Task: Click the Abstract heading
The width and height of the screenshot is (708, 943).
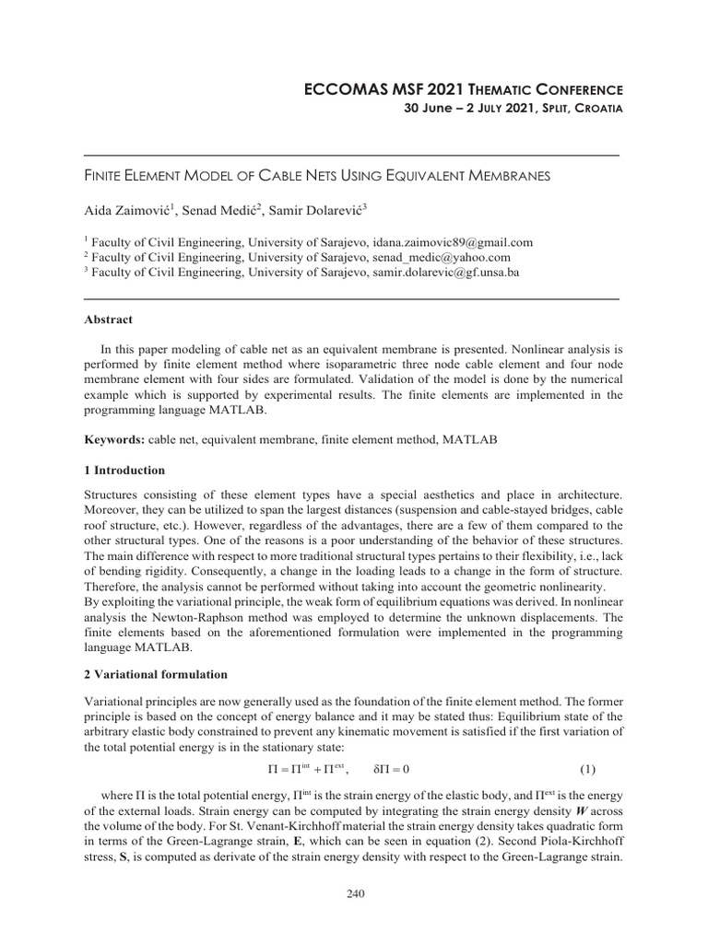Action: pos(108,320)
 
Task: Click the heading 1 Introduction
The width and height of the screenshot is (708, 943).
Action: pos(124,471)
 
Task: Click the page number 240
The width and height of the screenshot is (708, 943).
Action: pos(353,892)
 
